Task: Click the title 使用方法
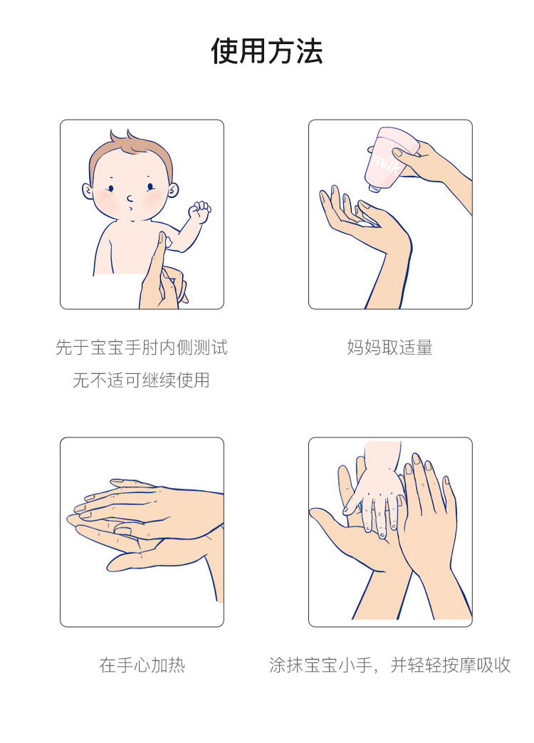point(266,51)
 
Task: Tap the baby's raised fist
point(199,212)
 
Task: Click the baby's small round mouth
point(130,199)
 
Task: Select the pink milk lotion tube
point(390,159)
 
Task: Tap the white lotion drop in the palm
point(364,224)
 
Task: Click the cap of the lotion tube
point(375,188)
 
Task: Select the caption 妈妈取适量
point(389,348)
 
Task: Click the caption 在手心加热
point(142,665)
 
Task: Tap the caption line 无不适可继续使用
point(141,380)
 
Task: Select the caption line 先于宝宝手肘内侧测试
point(142,348)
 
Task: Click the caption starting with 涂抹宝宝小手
point(390,665)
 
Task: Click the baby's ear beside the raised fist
point(173,190)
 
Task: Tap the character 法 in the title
point(310,51)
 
